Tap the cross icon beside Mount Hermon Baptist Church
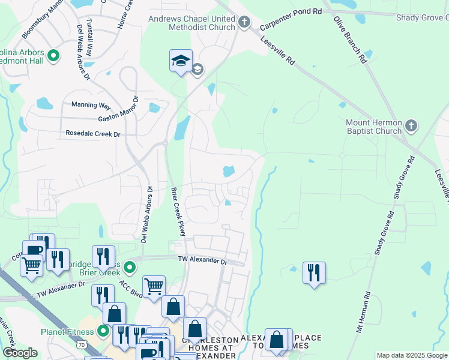(x=411, y=126)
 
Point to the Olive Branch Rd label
(x=350, y=40)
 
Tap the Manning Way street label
(x=91, y=105)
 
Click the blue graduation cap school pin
(x=181, y=61)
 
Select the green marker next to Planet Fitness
(x=103, y=331)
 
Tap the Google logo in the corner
(x=20, y=353)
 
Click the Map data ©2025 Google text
(x=412, y=356)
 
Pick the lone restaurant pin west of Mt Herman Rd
(x=313, y=273)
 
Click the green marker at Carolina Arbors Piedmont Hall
(x=53, y=57)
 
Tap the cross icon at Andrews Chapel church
(x=244, y=23)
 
